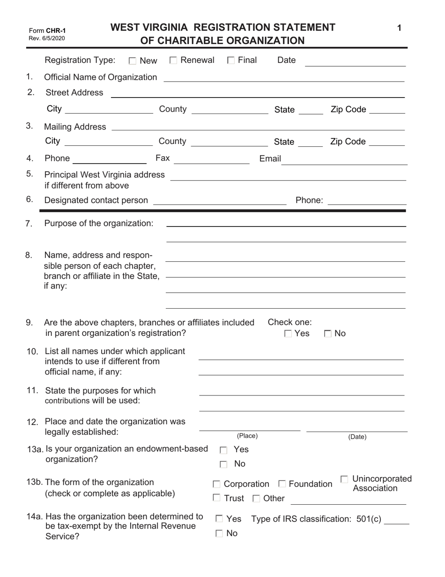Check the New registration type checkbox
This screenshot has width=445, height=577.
tap(133, 61)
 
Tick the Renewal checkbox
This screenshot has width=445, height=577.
tap(173, 60)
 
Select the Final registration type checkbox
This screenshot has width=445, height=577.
tap(230, 60)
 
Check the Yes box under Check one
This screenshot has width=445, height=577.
tap(288, 334)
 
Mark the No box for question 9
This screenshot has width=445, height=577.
tap(328, 334)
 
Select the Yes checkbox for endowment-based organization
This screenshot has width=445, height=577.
tap(223, 450)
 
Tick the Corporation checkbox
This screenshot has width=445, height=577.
tap(216, 484)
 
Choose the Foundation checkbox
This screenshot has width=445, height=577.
tap(282, 484)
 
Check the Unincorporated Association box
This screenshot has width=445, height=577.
tap(344, 479)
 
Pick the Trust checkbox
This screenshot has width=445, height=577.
tap(216, 498)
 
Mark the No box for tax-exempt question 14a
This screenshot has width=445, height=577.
tap(219, 533)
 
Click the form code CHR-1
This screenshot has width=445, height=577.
tap(56, 30)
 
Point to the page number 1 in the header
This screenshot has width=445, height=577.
tap(399, 28)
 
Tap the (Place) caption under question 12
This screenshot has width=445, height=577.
tap(247, 436)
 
